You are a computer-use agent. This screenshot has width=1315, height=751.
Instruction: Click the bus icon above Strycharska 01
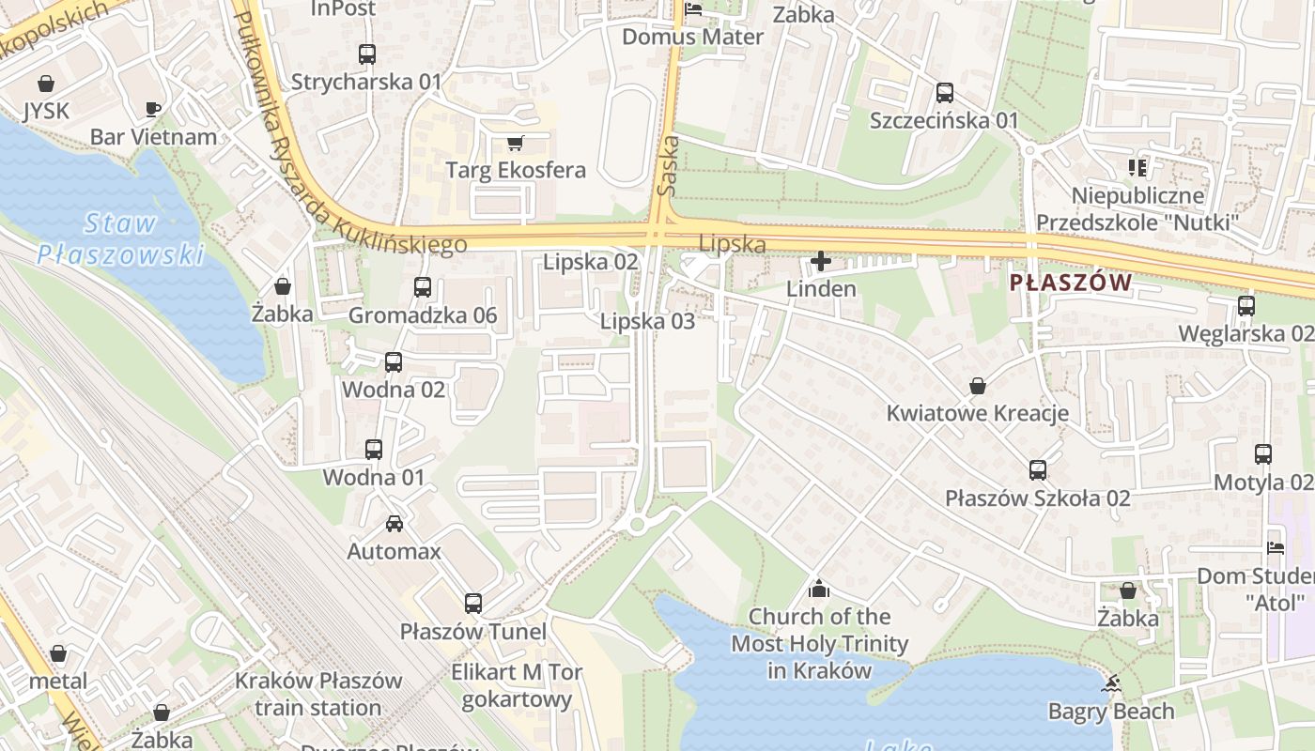pyautogui.click(x=367, y=54)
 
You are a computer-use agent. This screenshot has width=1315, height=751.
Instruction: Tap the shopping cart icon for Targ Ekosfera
pyautogui.click(x=515, y=143)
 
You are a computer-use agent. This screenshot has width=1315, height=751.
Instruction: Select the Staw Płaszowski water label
pyautogui.click(x=120, y=238)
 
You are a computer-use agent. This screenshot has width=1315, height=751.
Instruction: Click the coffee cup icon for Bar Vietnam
pyautogui.click(x=153, y=109)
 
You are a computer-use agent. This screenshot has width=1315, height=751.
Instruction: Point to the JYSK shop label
pyautogui.click(x=46, y=111)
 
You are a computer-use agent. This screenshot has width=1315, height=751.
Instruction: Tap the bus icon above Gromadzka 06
pyautogui.click(x=423, y=287)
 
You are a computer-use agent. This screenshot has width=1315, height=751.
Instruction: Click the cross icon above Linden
pyautogui.click(x=821, y=261)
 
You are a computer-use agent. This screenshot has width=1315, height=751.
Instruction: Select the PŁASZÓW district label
pyautogui.click(x=1070, y=283)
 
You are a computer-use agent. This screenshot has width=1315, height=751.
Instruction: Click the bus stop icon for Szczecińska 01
pyautogui.click(x=944, y=93)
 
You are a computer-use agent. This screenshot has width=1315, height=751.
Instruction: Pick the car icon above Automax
pyautogui.click(x=394, y=523)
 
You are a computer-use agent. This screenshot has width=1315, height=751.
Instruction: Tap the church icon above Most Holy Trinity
pyautogui.click(x=819, y=589)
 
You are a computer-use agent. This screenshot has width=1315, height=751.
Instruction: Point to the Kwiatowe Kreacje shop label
pyautogui.click(x=977, y=413)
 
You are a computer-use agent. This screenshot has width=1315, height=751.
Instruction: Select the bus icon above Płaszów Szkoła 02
pyautogui.click(x=1038, y=469)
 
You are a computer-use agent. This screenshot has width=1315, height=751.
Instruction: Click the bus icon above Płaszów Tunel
pyautogui.click(x=473, y=604)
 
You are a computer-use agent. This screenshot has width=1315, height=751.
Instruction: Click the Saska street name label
pyautogui.click(x=668, y=165)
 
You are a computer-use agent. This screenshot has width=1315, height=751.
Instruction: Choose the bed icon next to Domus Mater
pyautogui.click(x=693, y=10)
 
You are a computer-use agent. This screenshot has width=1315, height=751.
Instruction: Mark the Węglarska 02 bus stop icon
pyautogui.click(x=1245, y=306)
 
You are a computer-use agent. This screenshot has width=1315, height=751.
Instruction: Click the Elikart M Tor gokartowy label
pyautogui.click(x=517, y=685)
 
